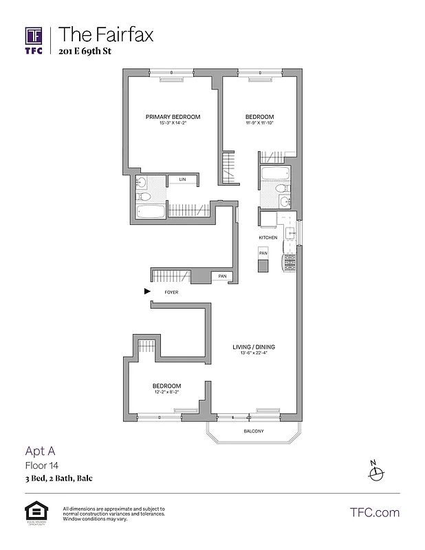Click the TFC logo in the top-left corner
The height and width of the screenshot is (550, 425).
[x=34, y=41]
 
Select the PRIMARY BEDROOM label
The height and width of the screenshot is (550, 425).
[x=173, y=117]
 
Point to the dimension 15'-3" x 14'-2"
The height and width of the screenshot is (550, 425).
[x=173, y=123]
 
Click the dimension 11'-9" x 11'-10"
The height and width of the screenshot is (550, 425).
[x=260, y=123]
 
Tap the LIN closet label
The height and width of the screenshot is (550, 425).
[x=182, y=179]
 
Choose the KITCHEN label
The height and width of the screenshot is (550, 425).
[x=268, y=237]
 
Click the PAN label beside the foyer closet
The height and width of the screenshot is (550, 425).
[x=221, y=276]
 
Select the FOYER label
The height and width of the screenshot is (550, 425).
[x=171, y=292]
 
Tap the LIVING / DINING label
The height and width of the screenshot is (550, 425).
[x=254, y=347]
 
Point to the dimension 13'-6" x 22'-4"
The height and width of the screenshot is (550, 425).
[x=254, y=353]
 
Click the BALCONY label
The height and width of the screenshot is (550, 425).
[x=254, y=431]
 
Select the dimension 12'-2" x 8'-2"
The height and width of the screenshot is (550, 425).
[x=166, y=392]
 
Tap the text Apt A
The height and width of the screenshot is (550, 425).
[x=41, y=452]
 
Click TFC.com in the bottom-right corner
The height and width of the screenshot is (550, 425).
[x=375, y=512]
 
